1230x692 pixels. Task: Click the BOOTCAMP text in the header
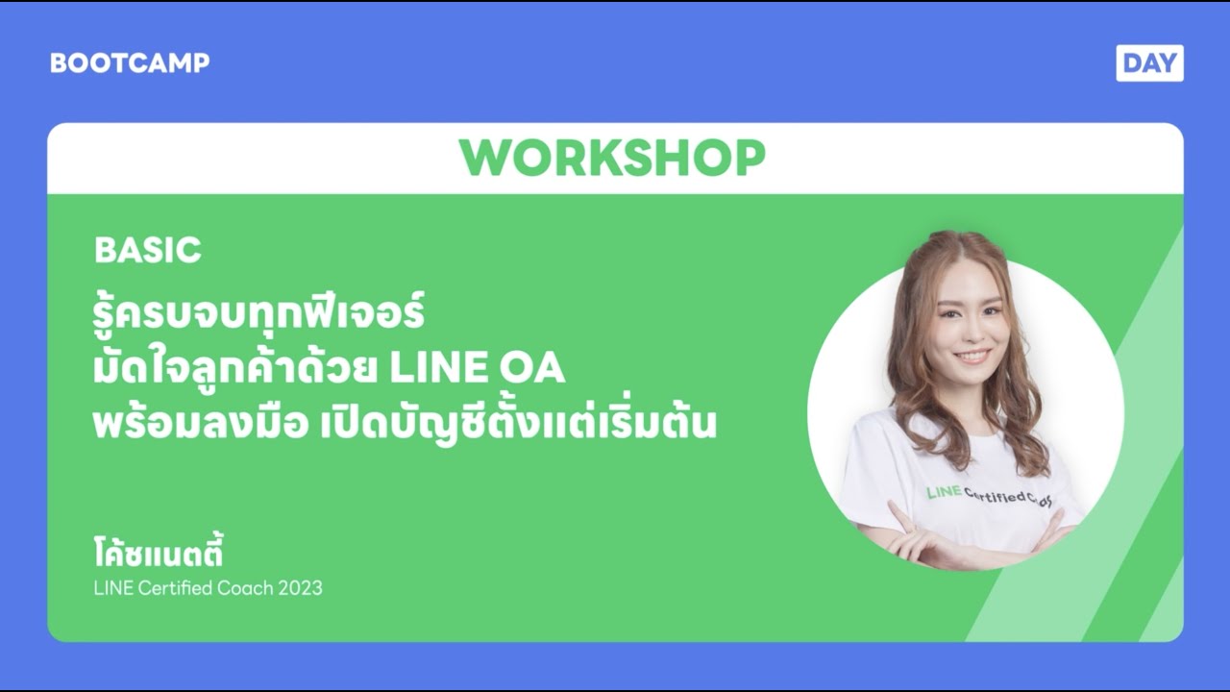130,63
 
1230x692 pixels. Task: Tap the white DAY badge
1149,63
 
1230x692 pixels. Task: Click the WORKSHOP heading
612,159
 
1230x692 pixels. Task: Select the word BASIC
148,251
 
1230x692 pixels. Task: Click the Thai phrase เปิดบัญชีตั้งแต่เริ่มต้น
517,425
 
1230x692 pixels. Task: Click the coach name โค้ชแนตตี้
159,555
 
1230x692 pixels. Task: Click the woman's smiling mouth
972,356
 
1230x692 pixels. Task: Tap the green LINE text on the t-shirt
943,493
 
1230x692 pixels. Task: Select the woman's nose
970,334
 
